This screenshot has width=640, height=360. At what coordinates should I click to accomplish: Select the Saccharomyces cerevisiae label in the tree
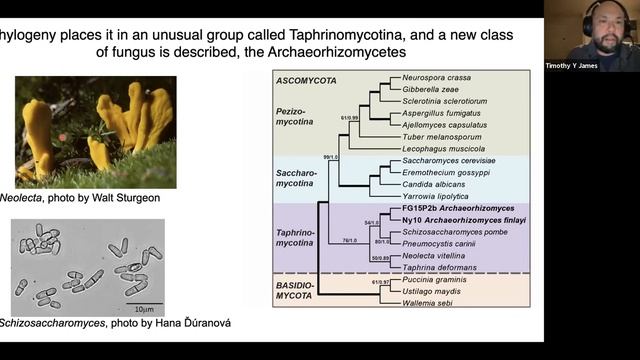click(444, 161)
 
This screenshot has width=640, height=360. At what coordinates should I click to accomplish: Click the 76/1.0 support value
click(351, 240)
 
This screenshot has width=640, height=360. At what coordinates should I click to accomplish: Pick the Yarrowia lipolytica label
click(433, 197)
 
